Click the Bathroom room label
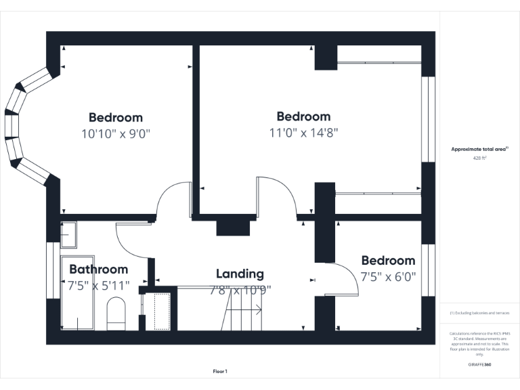pos(98,269)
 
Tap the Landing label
pos(240,274)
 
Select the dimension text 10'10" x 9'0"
pos(116,134)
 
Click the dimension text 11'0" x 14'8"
pos(303,133)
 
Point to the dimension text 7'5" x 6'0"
pos(388,277)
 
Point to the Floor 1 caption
pos(220,371)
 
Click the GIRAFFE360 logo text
pos(480,364)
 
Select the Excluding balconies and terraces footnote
pos(479,313)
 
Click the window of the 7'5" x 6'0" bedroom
pos(428,270)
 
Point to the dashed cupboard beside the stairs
pos(161,312)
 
